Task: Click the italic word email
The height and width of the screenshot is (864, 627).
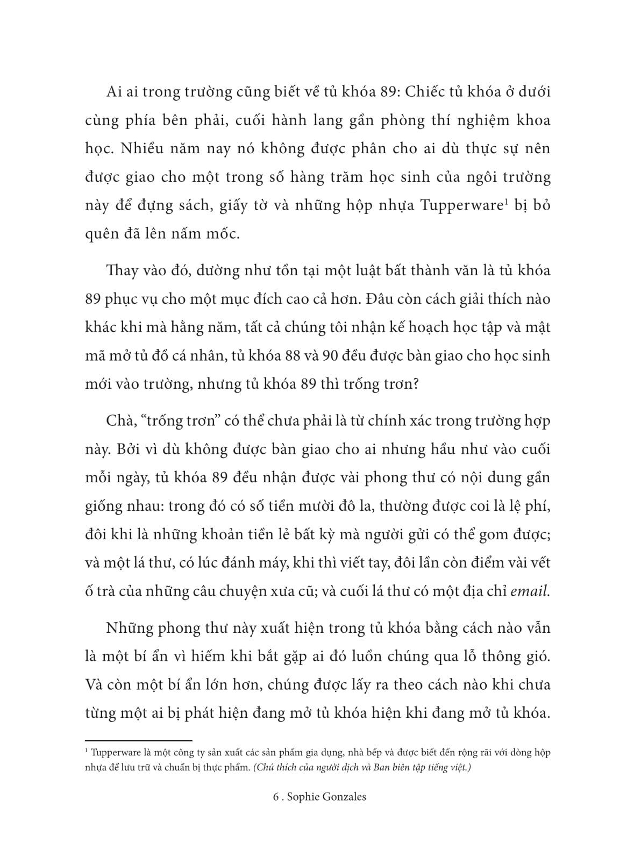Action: [x=530, y=591]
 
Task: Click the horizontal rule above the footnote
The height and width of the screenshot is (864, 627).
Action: [x=139, y=740]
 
